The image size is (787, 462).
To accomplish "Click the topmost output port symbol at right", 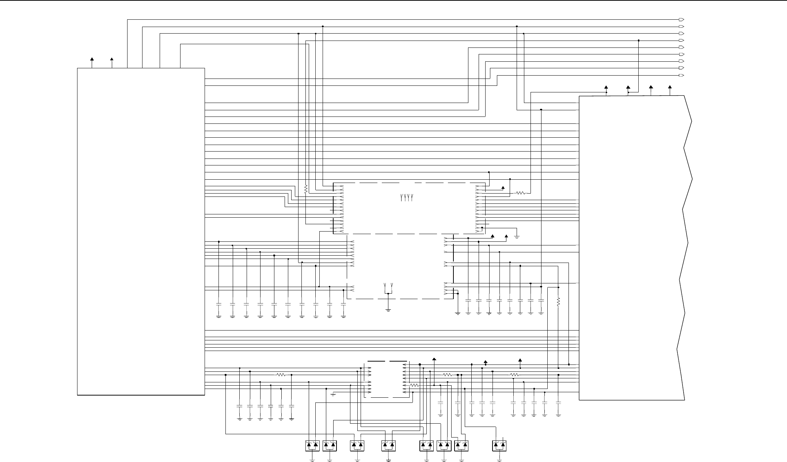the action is pyautogui.click(x=681, y=19).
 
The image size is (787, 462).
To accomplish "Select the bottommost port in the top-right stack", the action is pyautogui.click(x=681, y=75).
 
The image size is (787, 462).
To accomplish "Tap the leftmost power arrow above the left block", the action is pyautogui.click(x=92, y=59).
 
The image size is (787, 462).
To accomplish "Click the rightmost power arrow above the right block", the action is pyautogui.click(x=670, y=88).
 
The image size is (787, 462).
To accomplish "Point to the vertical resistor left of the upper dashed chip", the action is pyautogui.click(x=306, y=189).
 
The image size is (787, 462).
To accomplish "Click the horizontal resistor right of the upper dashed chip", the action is pyautogui.click(x=520, y=193).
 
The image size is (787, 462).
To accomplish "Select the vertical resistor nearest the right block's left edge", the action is pyautogui.click(x=558, y=302).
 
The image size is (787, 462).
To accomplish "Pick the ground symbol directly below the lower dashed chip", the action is pyautogui.click(x=388, y=310).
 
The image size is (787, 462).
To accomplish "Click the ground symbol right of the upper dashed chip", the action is pyautogui.click(x=517, y=237).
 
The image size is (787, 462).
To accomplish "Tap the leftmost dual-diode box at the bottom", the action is pyautogui.click(x=312, y=446).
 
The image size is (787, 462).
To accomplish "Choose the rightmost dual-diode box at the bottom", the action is pyautogui.click(x=499, y=446).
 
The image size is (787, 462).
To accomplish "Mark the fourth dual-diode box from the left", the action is pyautogui.click(x=388, y=446).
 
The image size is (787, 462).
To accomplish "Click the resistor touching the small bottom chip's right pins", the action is pyautogui.click(x=414, y=385).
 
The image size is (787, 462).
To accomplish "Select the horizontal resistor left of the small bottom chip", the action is pyautogui.click(x=281, y=375).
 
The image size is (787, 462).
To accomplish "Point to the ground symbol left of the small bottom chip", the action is pyautogui.click(x=333, y=395).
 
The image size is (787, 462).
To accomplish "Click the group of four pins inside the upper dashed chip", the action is pyautogui.click(x=407, y=198).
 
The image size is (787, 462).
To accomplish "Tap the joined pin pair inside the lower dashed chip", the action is pyautogui.click(x=388, y=287).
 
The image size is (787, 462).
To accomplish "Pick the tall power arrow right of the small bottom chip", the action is pyautogui.click(x=434, y=360).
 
